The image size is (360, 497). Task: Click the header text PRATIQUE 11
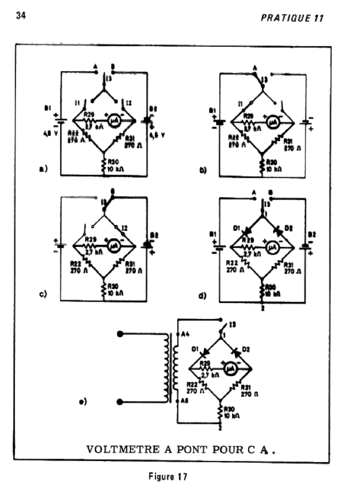click(x=292, y=18)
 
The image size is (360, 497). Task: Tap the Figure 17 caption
click(x=168, y=476)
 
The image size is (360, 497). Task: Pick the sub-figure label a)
click(x=43, y=169)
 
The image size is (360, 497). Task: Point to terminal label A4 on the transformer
click(x=185, y=333)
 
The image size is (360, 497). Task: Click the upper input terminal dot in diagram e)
click(x=121, y=333)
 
